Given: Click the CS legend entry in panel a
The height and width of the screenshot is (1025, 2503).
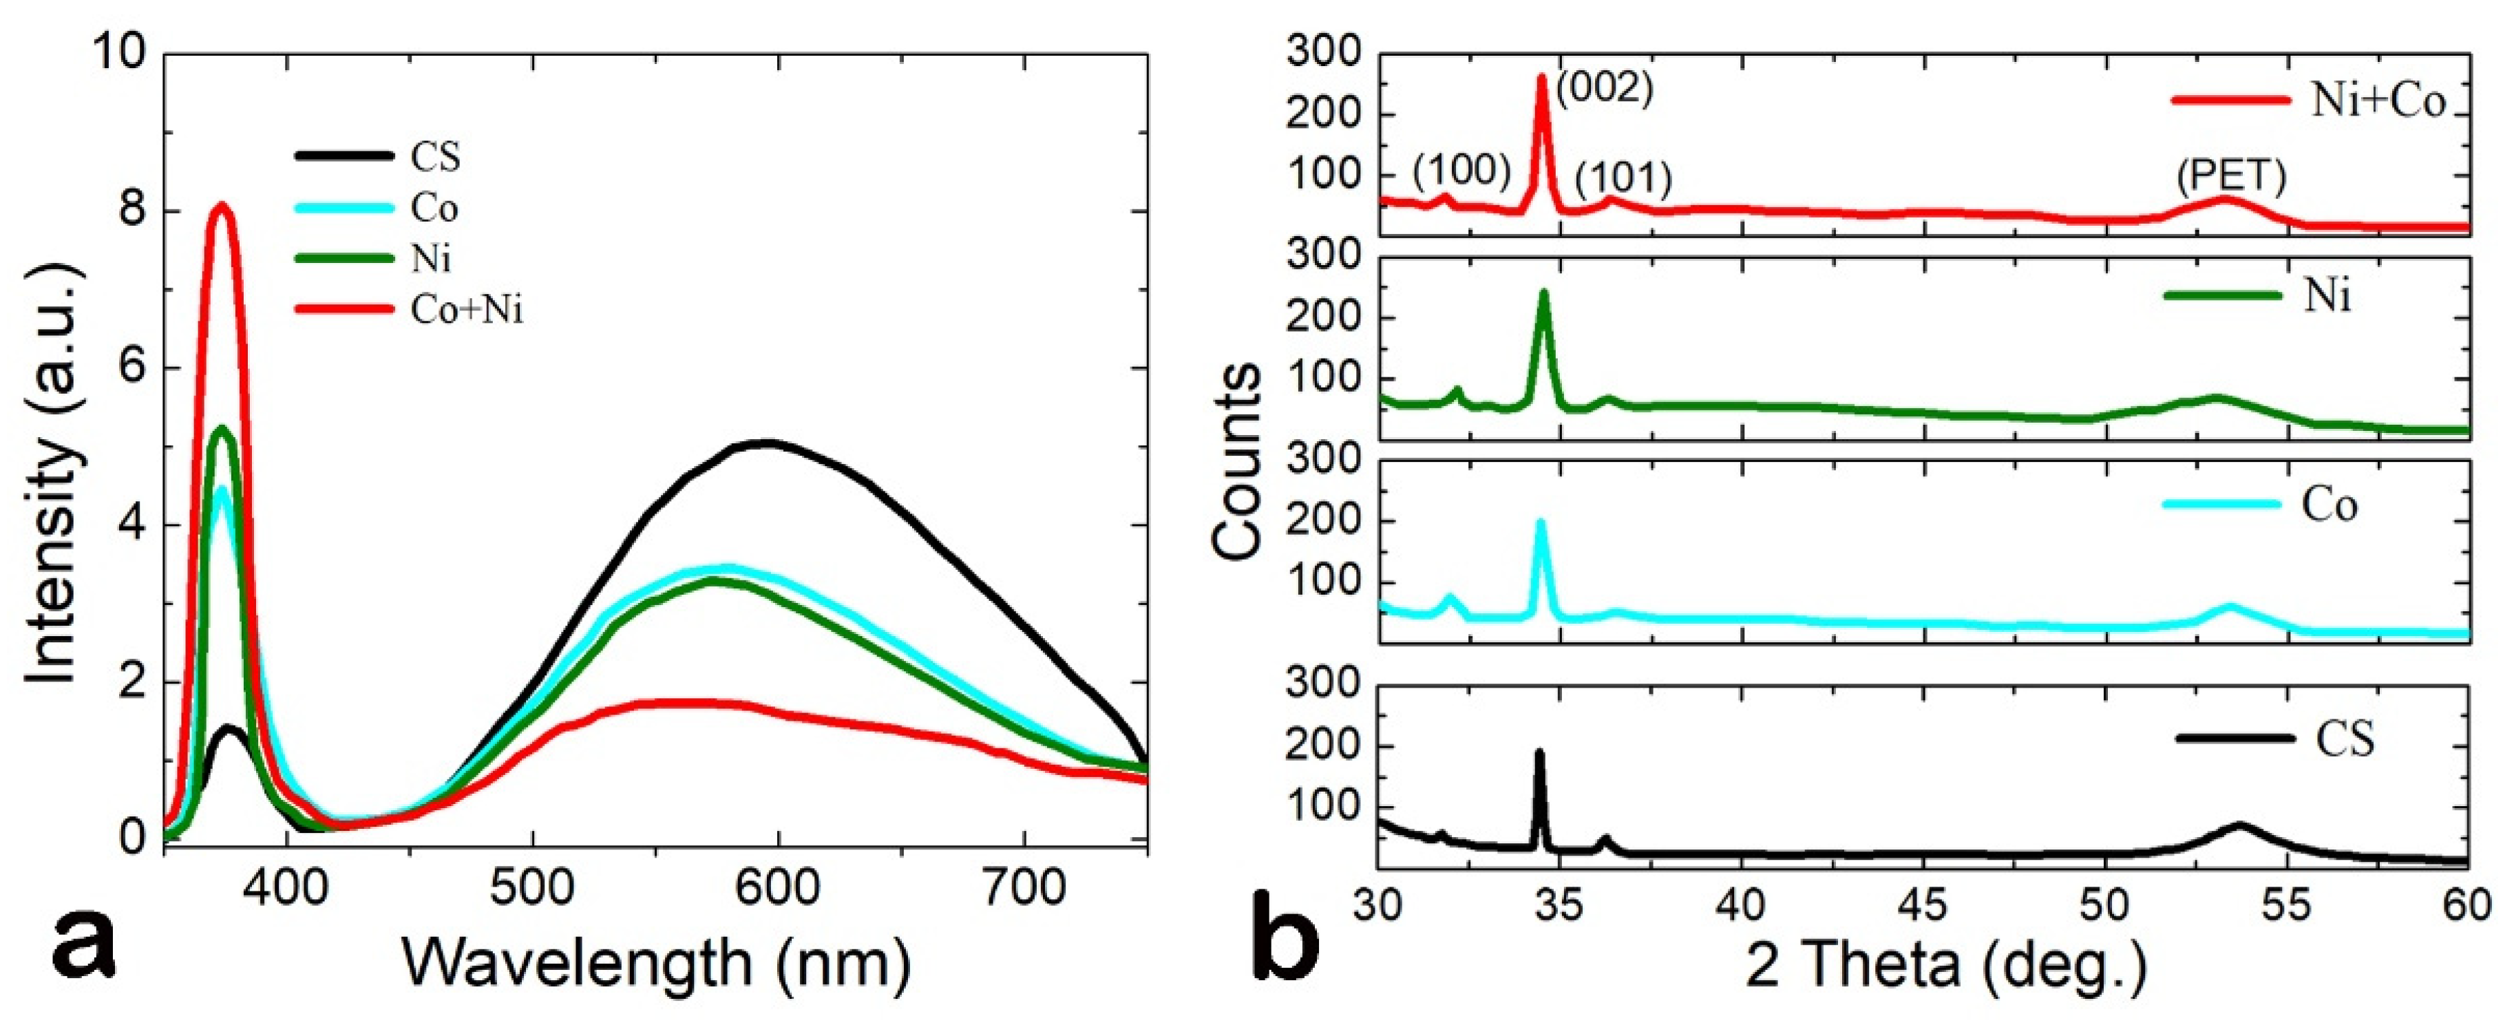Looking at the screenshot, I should click(x=435, y=156).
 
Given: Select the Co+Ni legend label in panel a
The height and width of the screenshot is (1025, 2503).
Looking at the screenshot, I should click(x=467, y=310).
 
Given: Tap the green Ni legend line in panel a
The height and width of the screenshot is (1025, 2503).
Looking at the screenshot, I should click(x=344, y=258).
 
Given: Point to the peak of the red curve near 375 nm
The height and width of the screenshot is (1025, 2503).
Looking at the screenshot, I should click(x=222, y=205).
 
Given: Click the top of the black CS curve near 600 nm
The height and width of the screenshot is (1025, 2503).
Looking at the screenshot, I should click(x=768, y=443).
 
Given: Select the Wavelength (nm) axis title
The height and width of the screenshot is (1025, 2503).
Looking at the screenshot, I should click(x=657, y=963).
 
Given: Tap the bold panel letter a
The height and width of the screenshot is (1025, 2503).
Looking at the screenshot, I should click(x=83, y=947).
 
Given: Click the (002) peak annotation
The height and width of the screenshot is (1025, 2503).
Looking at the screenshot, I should click(x=1604, y=88).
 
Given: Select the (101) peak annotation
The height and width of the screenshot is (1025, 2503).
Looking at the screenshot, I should click(x=1623, y=178).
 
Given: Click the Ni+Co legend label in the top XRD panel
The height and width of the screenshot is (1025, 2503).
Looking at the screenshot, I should click(x=2378, y=101).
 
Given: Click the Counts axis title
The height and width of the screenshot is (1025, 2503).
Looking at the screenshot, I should click(x=1237, y=461).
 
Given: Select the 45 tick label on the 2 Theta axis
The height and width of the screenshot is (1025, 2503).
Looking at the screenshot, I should click(x=1922, y=905).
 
